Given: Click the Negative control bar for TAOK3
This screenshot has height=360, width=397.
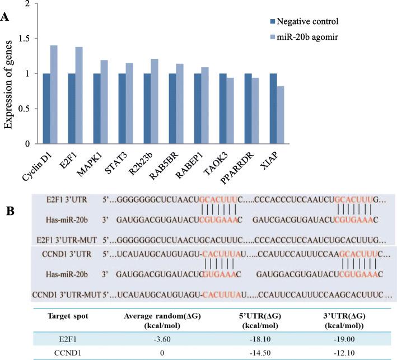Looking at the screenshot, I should pyautogui.click(x=222, y=109).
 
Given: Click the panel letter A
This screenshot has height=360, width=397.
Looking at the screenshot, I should pyautogui.click(x=5, y=18).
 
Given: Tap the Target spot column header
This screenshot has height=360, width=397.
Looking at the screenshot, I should pyautogui.click(x=55, y=316).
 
